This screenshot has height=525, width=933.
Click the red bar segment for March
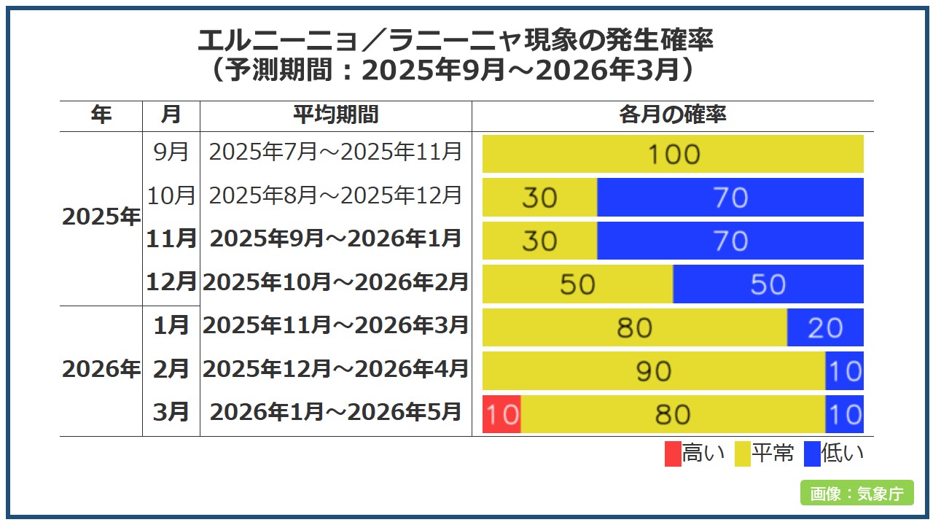click(x=501, y=414)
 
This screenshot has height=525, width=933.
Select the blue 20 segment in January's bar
click(x=825, y=327)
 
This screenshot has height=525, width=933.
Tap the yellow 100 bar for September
click(x=673, y=154)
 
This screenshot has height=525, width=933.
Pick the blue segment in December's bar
click(x=768, y=284)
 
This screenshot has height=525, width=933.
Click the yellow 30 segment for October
click(x=539, y=198)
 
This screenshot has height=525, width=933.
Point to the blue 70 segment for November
click(x=730, y=241)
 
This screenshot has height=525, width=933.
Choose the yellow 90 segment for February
click(x=654, y=371)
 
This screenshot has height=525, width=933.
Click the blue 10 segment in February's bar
click(x=844, y=371)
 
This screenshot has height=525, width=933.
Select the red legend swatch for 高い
click(x=673, y=454)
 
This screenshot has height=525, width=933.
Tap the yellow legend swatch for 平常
click(x=742, y=454)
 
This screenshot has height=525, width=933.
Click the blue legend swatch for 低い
click(x=813, y=454)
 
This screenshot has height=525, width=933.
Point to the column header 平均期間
click(x=336, y=115)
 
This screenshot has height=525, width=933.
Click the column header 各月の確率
click(x=672, y=115)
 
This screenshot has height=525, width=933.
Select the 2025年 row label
click(x=101, y=217)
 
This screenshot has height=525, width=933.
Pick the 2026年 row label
click(x=101, y=370)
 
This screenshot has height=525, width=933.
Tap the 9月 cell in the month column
click(x=171, y=152)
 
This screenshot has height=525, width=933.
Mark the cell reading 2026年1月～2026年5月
click(x=336, y=412)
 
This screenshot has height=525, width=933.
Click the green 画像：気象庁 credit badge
click(x=856, y=493)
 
